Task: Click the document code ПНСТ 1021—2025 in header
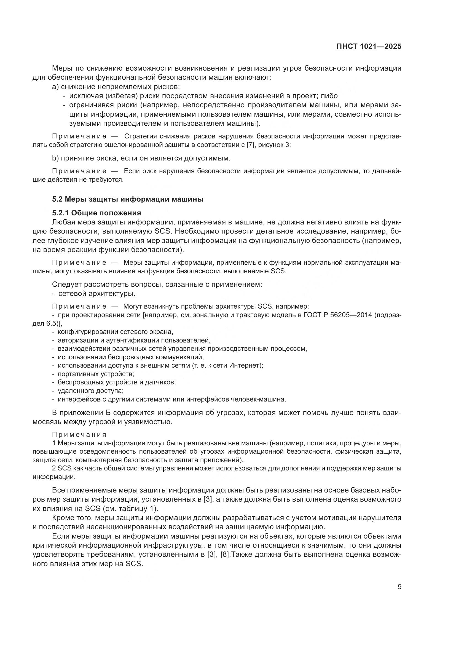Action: [x=369, y=47]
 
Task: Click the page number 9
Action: [x=399, y=587]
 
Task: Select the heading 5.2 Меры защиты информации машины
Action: [x=128, y=199]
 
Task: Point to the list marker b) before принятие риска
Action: [x=55, y=158]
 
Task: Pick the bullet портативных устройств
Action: [x=96, y=374]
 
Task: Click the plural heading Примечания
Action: [x=79, y=435]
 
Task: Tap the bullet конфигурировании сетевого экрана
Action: [x=115, y=332]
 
